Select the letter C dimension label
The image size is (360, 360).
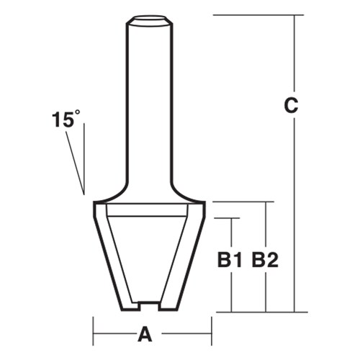click(x=289, y=106)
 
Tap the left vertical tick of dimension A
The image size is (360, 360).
click(x=93, y=334)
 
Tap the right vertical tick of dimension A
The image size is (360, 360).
click(x=211, y=334)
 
